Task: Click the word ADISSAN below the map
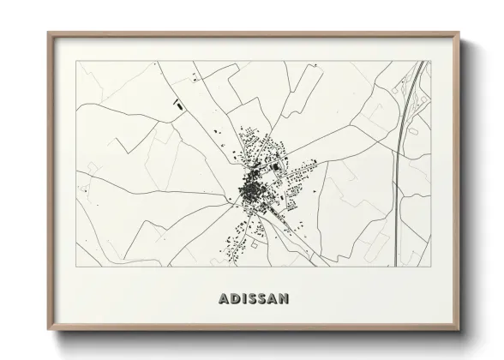[253, 299]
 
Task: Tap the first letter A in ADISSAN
[225, 299]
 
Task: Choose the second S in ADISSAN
[261, 299]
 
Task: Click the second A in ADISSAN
[272, 299]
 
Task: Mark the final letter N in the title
[283, 299]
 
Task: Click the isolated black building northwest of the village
[180, 106]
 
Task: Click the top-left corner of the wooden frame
[47, 32]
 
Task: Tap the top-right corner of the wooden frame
[459, 32]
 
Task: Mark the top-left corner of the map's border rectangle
[76, 61]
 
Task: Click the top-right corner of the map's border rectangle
[429, 61]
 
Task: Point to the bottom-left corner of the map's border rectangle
[76, 268]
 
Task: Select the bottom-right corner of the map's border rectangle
[429, 268]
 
